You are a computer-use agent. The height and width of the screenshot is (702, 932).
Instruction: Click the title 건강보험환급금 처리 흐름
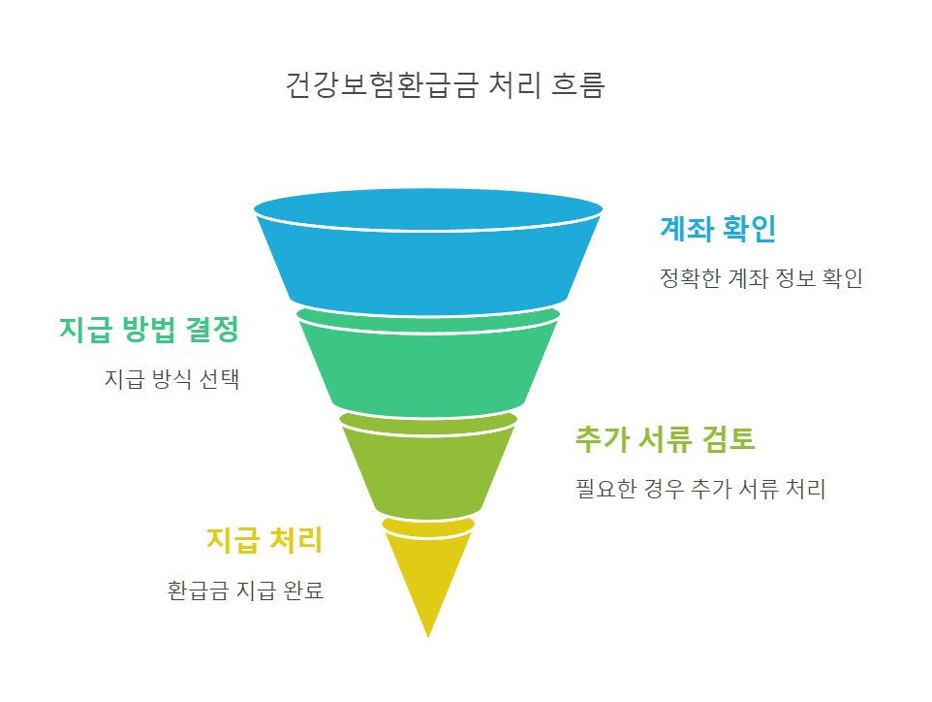click(x=445, y=85)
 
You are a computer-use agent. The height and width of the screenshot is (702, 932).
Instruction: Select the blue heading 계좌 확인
click(x=718, y=229)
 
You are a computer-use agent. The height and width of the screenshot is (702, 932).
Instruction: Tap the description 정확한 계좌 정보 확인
click(x=761, y=279)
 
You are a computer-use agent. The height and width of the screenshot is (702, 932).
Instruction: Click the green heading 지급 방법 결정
click(x=148, y=330)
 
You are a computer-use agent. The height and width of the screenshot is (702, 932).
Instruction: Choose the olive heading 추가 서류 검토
click(x=665, y=439)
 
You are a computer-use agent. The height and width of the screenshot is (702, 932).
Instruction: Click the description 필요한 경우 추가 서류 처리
click(x=700, y=489)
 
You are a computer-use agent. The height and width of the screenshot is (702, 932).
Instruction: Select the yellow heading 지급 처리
click(x=264, y=540)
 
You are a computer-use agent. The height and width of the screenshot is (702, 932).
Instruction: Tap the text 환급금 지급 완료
click(x=245, y=590)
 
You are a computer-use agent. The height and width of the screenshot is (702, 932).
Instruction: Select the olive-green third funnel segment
click(x=428, y=467)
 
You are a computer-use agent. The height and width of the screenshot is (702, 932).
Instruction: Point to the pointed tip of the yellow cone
click(x=428, y=634)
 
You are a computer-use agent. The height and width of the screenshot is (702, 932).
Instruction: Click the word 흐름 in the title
click(x=578, y=85)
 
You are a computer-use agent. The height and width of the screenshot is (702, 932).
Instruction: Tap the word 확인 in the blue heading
click(x=749, y=229)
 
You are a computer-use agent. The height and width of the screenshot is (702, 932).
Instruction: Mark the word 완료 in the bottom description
click(x=303, y=590)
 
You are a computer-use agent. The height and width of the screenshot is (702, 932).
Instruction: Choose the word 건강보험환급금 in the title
click(x=382, y=85)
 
